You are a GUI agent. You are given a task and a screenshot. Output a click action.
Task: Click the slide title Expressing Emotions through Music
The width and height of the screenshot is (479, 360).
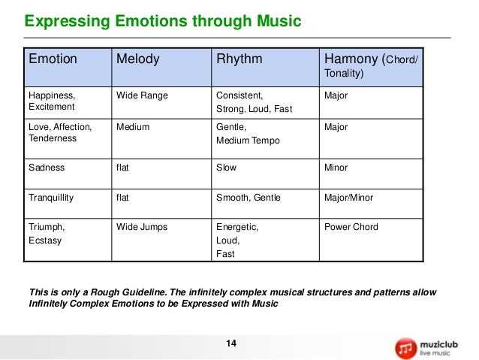164,21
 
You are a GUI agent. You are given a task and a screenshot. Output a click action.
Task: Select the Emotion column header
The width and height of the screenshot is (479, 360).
53,59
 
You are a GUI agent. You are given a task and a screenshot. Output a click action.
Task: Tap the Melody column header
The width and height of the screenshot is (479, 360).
138,59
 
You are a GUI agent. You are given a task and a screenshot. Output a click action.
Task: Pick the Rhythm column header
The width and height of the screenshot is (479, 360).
239,59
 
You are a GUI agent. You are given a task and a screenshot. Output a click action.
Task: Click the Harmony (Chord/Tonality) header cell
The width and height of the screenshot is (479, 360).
372,65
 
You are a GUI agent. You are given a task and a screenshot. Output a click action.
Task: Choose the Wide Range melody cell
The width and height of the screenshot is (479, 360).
143,96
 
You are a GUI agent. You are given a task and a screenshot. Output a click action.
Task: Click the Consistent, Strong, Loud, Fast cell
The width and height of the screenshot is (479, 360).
254,103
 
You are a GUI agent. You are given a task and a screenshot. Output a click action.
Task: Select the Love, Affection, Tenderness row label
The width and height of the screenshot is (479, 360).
60,134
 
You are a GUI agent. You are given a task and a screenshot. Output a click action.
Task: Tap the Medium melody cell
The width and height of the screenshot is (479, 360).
133,127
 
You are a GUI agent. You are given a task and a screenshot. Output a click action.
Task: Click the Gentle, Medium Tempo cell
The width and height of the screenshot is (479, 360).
243,134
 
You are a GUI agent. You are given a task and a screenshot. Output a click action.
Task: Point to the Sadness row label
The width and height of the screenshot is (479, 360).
47,168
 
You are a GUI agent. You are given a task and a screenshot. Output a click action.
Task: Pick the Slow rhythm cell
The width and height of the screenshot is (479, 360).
226,168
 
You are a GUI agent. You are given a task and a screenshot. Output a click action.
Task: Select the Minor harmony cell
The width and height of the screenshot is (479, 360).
336,168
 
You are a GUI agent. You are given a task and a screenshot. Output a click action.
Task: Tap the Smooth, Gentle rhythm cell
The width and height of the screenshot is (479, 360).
249,198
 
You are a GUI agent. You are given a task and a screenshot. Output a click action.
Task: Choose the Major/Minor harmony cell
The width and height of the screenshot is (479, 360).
348,198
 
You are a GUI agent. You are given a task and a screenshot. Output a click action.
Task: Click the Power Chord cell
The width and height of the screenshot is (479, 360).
351,227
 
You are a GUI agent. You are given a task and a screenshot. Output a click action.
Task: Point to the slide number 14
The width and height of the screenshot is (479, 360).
231,343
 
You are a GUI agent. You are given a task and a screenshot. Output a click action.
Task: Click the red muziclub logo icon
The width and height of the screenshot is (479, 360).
405,347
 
